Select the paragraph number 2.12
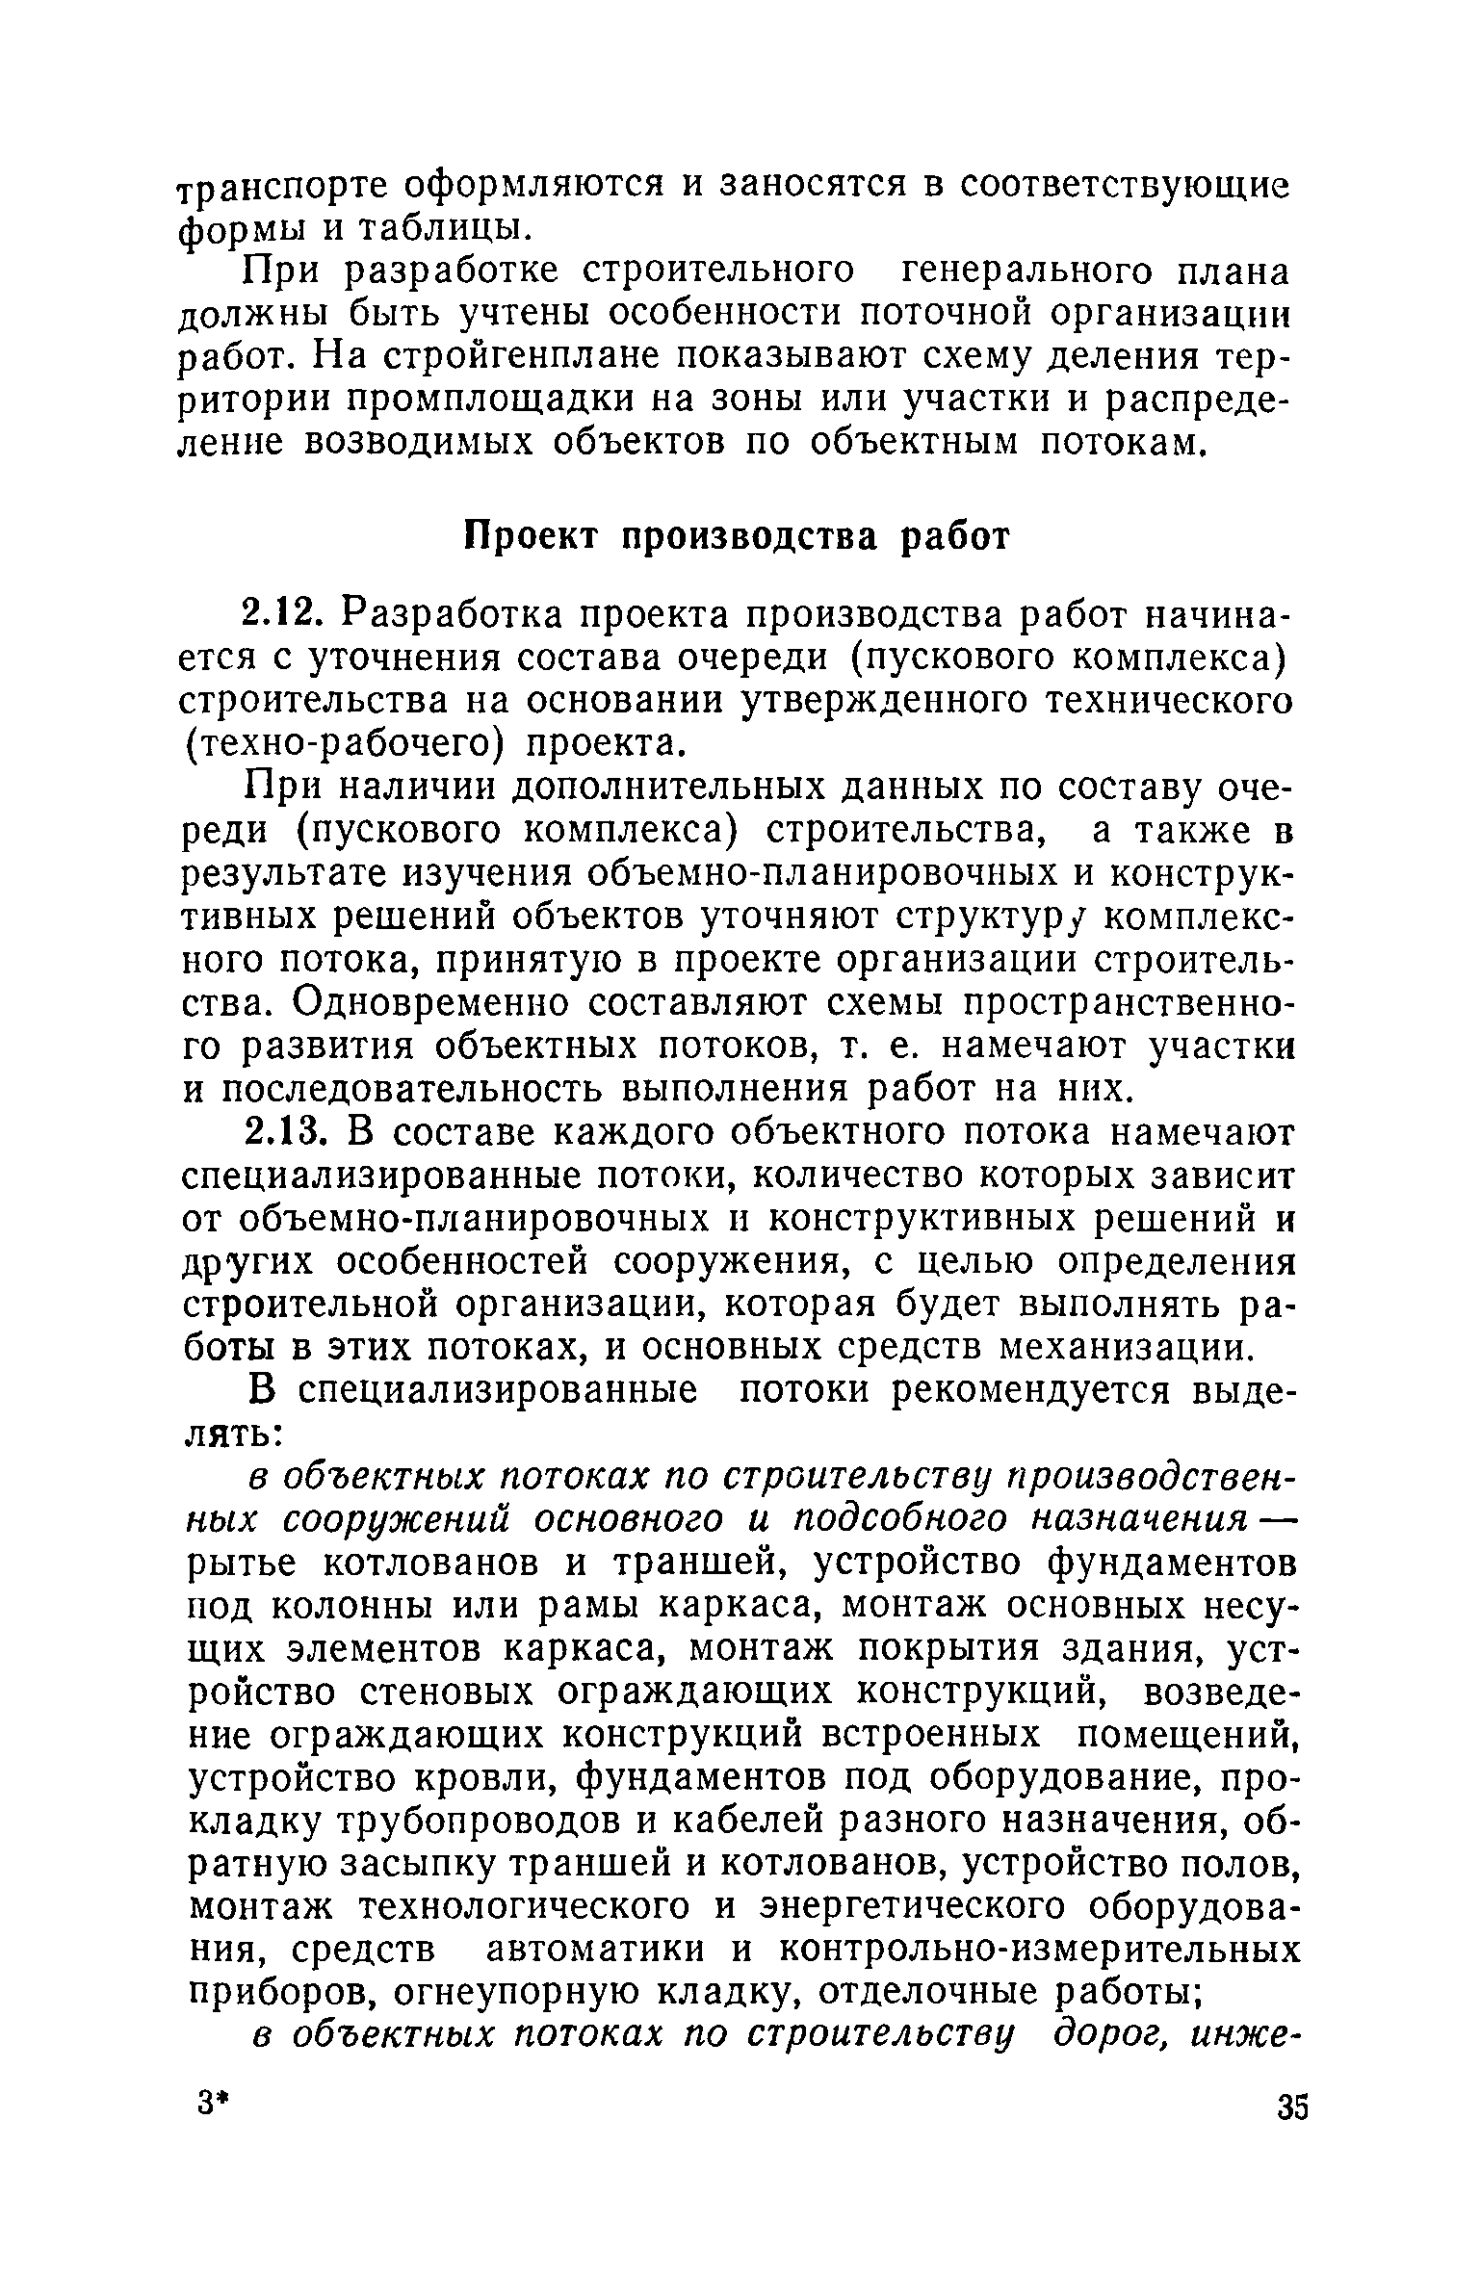pyautogui.click(x=284, y=613)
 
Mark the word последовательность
pyautogui.click(x=420, y=1089)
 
